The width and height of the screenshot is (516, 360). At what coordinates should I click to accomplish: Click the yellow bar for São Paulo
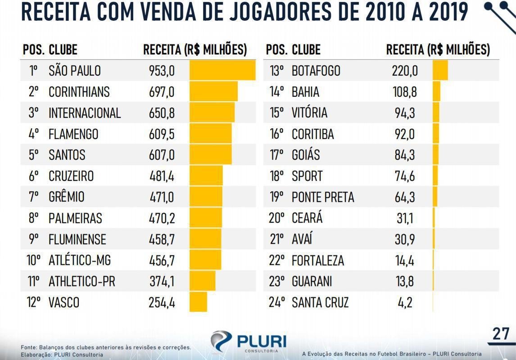222,71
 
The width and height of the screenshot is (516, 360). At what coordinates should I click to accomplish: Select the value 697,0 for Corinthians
161,92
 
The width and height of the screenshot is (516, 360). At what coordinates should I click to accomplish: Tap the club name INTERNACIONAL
85,112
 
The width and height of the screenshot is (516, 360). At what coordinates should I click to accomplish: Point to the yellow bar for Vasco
198,302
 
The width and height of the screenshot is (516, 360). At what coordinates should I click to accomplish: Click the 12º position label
34,302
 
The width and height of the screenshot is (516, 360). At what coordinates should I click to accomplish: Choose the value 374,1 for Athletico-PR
162,281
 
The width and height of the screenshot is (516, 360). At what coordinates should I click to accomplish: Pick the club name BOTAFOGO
316,71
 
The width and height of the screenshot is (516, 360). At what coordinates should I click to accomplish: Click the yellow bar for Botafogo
440,71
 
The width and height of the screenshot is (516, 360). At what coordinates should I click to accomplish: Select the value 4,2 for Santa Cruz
405,302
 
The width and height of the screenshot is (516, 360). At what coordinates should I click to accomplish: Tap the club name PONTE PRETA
323,197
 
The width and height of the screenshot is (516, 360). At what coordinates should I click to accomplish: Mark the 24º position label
277,302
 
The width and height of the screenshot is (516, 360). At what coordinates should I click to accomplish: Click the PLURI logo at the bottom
248,341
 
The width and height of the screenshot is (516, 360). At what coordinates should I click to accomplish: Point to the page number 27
501,334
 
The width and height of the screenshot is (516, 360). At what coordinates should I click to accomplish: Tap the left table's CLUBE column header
63,49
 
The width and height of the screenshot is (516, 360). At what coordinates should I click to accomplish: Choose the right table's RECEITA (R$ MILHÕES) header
438,49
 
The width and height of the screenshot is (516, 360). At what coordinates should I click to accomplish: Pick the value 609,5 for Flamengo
162,134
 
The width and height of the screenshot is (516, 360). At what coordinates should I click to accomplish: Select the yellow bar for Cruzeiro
206,175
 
